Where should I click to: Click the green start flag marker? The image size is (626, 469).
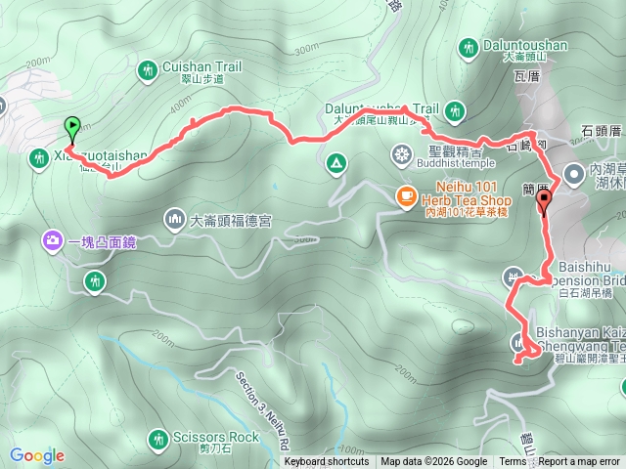[71, 126]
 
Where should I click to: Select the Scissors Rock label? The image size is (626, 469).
[214, 437]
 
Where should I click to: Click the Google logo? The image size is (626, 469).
[36, 455]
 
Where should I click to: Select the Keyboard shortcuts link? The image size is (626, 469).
[327, 462]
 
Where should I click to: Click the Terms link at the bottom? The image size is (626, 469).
[513, 462]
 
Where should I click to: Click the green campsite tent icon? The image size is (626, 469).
[335, 161]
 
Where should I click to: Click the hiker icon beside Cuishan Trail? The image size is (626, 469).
[148, 69]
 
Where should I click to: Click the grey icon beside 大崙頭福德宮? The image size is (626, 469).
[175, 216]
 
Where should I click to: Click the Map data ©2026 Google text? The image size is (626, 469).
[434, 462]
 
